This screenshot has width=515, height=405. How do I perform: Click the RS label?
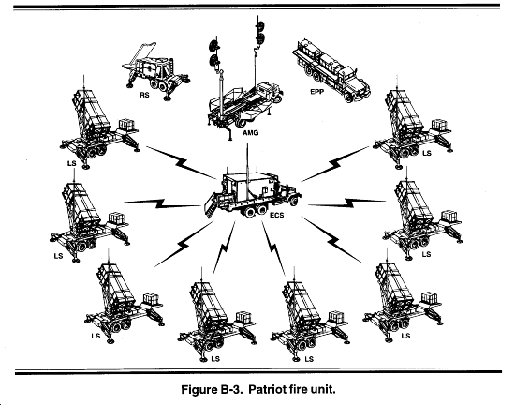[x=144, y=95]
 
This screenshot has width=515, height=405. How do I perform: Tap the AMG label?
[x=251, y=133]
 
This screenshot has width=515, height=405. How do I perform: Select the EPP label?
[x=316, y=91]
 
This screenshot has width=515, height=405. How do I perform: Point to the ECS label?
[x=276, y=216]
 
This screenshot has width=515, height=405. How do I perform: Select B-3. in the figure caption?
[x=230, y=390]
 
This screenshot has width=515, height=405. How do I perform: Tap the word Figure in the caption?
[x=198, y=390]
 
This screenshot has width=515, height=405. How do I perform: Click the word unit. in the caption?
[x=323, y=390]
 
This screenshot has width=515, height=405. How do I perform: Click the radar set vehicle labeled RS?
[x=155, y=71]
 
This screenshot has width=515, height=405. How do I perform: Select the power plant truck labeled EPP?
[x=331, y=70]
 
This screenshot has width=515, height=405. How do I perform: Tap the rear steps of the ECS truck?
[x=211, y=206]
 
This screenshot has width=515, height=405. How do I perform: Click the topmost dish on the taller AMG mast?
[x=260, y=25]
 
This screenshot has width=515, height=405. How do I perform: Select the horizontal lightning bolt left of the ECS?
[x=163, y=202]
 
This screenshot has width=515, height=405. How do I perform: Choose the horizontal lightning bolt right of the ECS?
[x=346, y=202]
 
